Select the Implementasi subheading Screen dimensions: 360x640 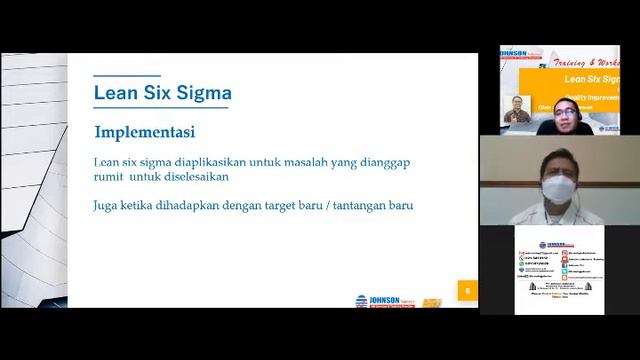pos(145,132)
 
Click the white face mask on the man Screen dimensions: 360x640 pos(556,190)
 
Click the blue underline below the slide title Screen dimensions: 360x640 pos(162,108)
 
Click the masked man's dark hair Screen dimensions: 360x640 pos(556,156)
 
